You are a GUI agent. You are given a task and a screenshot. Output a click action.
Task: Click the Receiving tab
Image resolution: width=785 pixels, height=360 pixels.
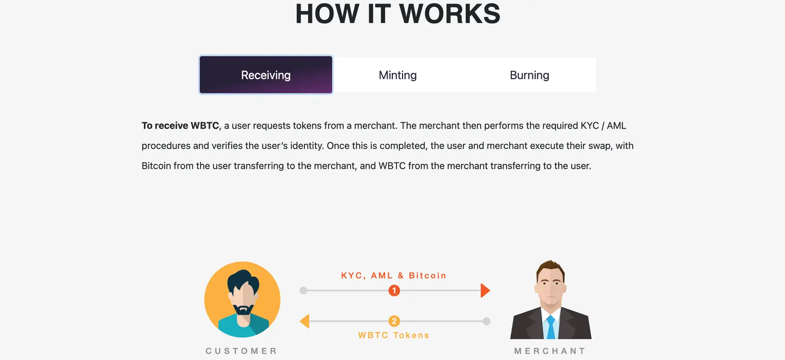(x=266, y=75)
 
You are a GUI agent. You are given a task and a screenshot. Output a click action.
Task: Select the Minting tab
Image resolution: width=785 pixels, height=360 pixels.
(x=397, y=75)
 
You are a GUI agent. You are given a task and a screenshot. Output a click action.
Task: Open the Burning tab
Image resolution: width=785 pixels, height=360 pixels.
(x=529, y=75)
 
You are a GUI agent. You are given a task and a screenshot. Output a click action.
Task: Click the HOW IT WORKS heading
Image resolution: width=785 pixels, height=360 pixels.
(x=398, y=14)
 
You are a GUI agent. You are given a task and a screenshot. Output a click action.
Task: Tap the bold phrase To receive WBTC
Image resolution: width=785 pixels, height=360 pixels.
(x=180, y=125)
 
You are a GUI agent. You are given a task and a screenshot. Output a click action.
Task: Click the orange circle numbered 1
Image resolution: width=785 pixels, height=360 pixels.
(x=394, y=291)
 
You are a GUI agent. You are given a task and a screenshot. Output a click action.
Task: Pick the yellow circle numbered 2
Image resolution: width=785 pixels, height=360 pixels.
(x=394, y=321)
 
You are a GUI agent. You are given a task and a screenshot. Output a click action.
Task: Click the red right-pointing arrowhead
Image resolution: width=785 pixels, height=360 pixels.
(x=485, y=291)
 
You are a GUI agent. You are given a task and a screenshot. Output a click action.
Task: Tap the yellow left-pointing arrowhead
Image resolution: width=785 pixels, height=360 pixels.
(x=305, y=321)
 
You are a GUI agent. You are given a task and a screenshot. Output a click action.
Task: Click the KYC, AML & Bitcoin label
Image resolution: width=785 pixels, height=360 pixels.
(x=394, y=276)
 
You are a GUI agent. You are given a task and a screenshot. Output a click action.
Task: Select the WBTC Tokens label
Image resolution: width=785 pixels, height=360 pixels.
(x=394, y=335)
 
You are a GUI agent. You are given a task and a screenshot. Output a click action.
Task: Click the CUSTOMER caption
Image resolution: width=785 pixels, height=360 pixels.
(x=241, y=351)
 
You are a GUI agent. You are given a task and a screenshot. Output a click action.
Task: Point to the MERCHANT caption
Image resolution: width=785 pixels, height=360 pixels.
(x=550, y=351)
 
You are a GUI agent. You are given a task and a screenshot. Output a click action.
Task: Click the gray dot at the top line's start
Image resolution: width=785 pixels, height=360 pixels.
(x=303, y=291)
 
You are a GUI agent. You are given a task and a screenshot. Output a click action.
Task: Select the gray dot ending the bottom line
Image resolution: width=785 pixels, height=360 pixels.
(x=486, y=321)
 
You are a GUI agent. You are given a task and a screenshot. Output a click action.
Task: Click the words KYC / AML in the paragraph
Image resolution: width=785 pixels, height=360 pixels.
(x=603, y=125)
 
